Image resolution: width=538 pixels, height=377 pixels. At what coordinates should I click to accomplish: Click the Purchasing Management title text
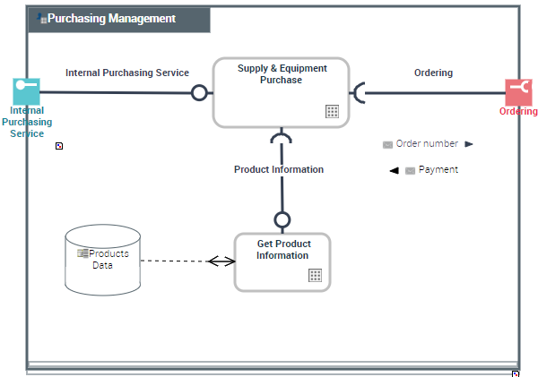(111, 19)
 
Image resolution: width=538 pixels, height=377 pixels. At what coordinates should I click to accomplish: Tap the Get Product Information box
(282, 261)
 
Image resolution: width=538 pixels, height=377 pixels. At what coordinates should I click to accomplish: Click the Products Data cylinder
(103, 260)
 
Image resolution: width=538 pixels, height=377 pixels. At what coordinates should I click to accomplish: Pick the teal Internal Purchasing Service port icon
(26, 91)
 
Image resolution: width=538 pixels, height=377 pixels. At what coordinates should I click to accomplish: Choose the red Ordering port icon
(518, 91)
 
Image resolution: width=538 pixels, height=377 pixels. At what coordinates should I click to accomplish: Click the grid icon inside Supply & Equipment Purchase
(332, 111)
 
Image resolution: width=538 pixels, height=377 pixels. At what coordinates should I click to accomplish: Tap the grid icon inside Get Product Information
(315, 275)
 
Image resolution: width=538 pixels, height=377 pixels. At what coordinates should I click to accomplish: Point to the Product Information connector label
(279, 169)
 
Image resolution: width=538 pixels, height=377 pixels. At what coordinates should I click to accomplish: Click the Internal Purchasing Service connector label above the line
(127, 73)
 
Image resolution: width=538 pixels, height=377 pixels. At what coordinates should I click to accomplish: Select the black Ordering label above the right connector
(433, 73)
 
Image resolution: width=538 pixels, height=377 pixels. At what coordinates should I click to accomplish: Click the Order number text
(427, 143)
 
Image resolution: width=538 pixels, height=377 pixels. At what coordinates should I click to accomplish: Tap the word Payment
(438, 169)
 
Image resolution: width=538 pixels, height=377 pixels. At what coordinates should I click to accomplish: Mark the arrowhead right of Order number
(469, 143)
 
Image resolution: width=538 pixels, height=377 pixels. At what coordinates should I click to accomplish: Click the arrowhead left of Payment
(394, 170)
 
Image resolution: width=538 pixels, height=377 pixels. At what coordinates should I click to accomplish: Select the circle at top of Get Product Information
(282, 219)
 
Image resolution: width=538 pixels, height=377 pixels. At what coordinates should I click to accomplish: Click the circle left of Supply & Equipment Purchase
(199, 92)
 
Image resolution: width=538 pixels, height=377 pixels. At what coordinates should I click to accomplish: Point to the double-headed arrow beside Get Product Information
(220, 261)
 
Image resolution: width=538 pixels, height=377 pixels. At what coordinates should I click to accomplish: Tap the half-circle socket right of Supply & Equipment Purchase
(360, 92)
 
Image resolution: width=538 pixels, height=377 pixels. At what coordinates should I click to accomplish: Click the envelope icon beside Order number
(387, 144)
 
